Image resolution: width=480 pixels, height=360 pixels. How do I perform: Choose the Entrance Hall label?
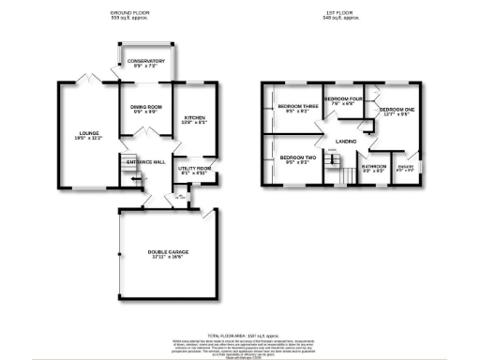(146, 161)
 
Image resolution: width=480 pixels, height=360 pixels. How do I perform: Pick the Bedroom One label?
(395, 112)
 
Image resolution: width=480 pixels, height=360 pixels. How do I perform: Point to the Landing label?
(345, 142)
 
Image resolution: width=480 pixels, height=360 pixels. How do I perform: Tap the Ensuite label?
(406, 169)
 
